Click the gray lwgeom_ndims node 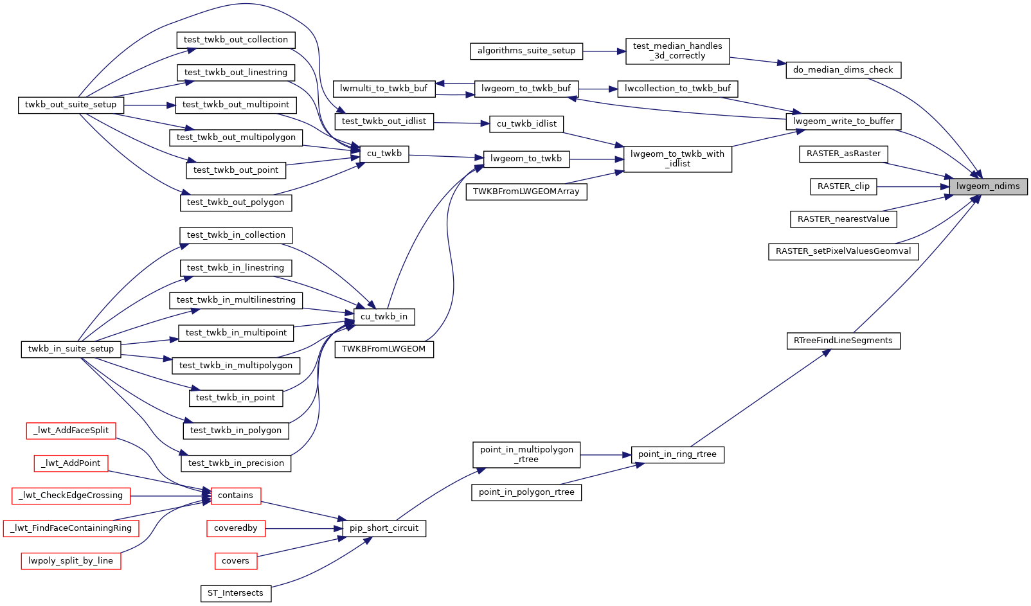click(988, 186)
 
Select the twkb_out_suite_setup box click(71, 105)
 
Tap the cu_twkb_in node click(384, 316)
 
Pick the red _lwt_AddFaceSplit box click(71, 431)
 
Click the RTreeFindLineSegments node click(843, 341)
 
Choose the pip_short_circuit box click(384, 528)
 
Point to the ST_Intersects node click(235, 593)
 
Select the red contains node click(235, 495)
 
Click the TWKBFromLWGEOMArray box click(526, 192)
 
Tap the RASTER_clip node click(843, 186)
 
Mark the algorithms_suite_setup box click(526, 51)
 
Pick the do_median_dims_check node click(843, 70)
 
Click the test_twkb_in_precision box click(236, 463)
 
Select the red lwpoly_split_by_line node click(71, 561)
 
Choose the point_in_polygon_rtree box click(526, 492)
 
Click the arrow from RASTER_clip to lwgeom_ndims click(913, 186)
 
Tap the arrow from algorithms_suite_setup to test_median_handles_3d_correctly click(604, 51)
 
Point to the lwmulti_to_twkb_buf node click(384, 89)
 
